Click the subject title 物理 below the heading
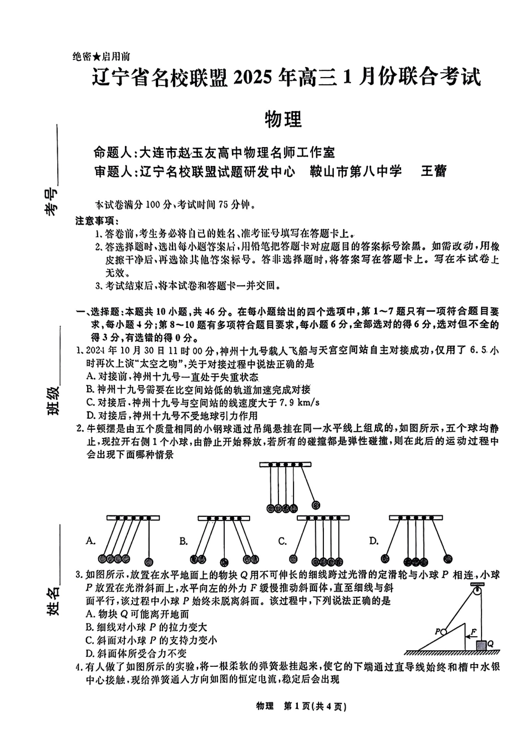[283, 119]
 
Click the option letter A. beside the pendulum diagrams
[91, 541]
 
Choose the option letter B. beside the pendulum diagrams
[184, 541]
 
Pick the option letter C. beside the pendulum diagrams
[282, 541]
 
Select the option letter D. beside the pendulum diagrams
[373, 541]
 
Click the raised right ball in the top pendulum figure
[316, 505]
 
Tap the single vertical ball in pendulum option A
[148, 559]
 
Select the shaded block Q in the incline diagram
[481, 645]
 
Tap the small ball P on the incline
[443, 631]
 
